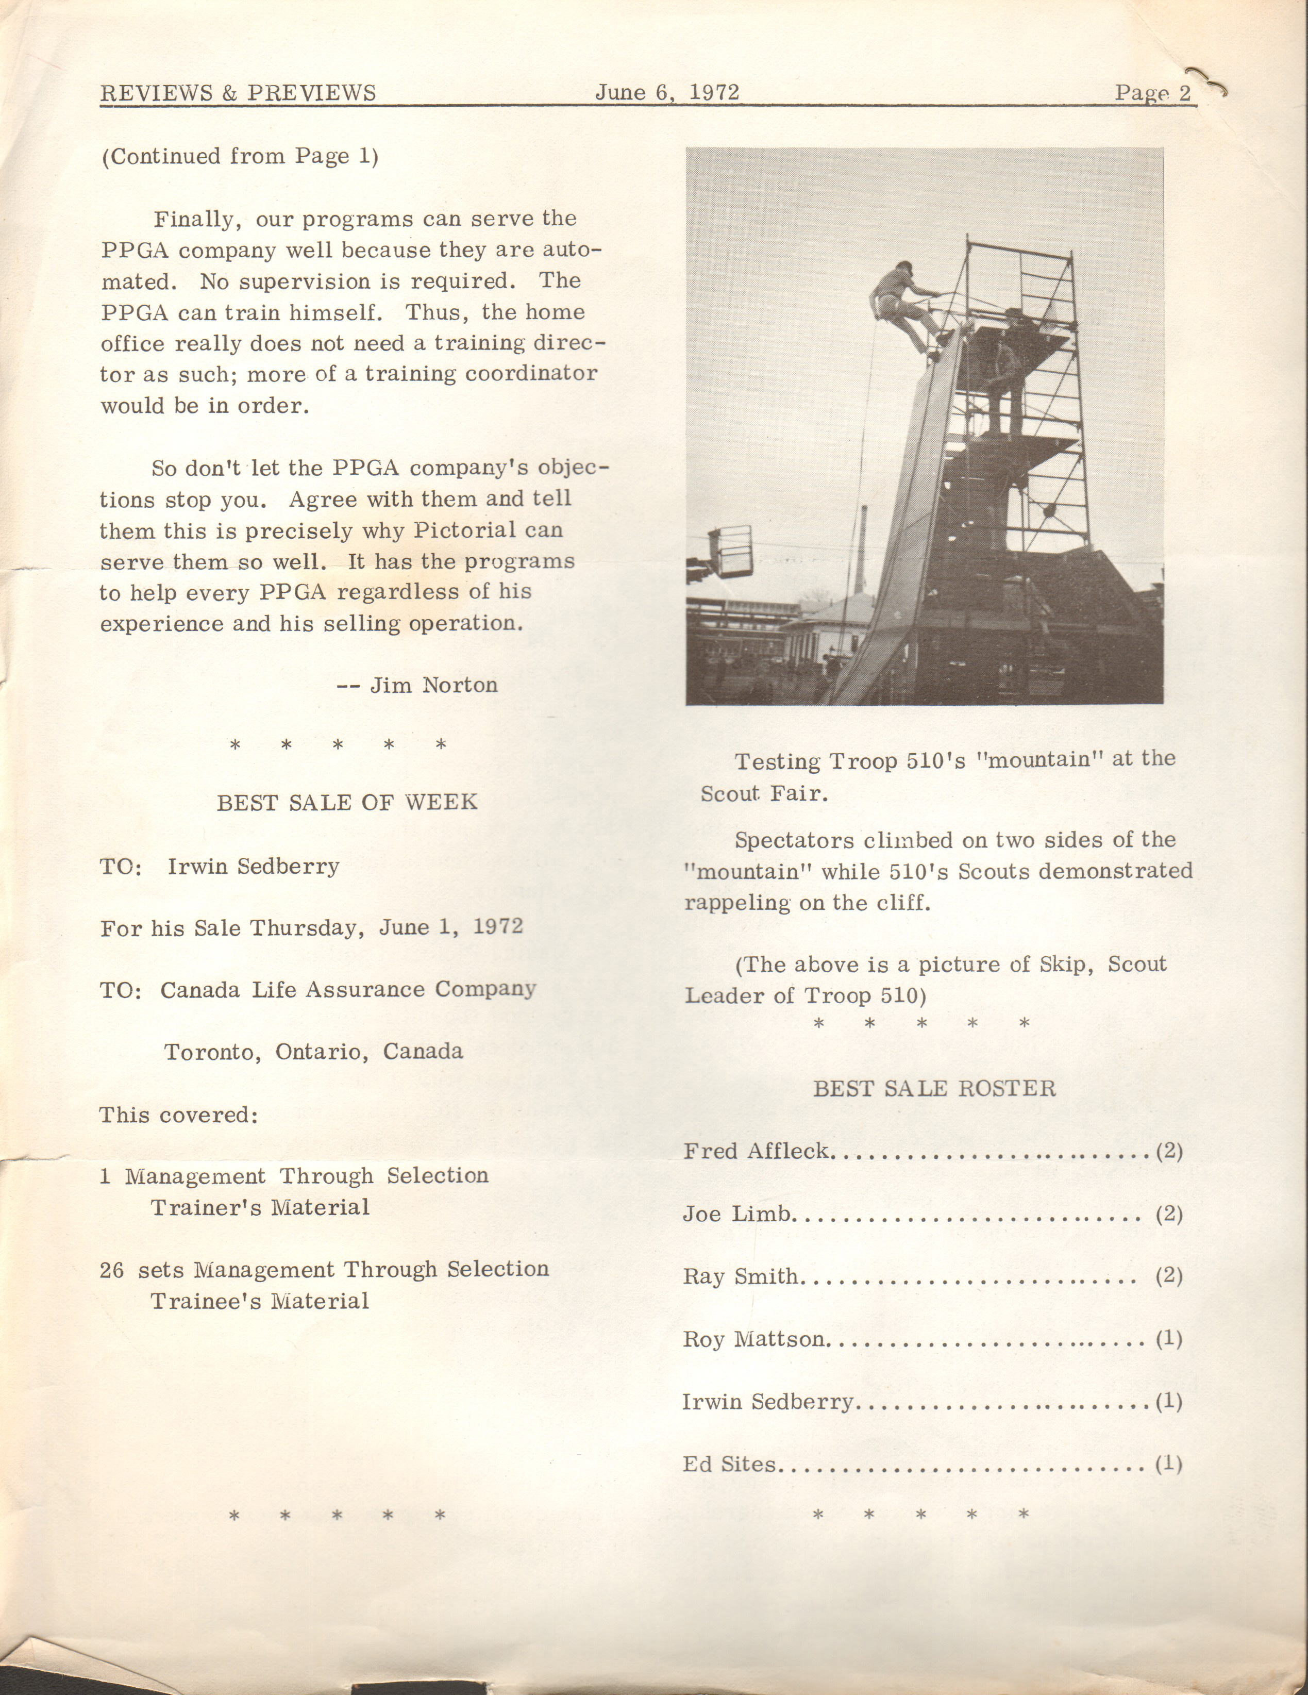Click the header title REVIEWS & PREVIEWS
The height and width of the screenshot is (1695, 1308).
(x=238, y=93)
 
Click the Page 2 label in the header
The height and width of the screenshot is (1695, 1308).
(x=1152, y=93)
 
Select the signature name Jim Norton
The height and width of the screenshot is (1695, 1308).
(x=433, y=685)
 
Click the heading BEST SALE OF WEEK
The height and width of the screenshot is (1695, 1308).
(x=347, y=802)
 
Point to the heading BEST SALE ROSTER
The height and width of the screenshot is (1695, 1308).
(x=934, y=1088)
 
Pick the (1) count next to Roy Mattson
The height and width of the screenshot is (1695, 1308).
(x=1168, y=1339)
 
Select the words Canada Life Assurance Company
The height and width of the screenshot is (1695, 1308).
(x=347, y=990)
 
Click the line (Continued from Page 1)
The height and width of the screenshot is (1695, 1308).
(x=240, y=156)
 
